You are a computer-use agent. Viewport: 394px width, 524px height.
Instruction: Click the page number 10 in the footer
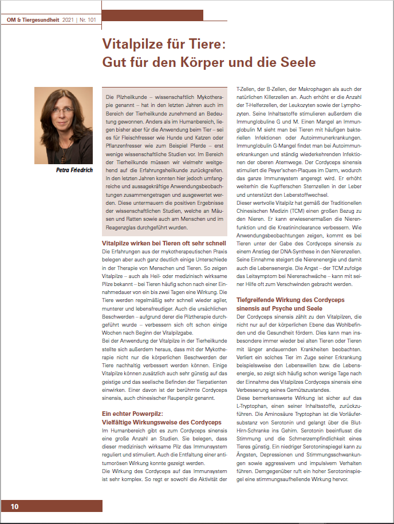pyautogui.click(x=14, y=506)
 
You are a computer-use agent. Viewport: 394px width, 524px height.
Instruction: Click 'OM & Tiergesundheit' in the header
pyautogui.click(x=32, y=20)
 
